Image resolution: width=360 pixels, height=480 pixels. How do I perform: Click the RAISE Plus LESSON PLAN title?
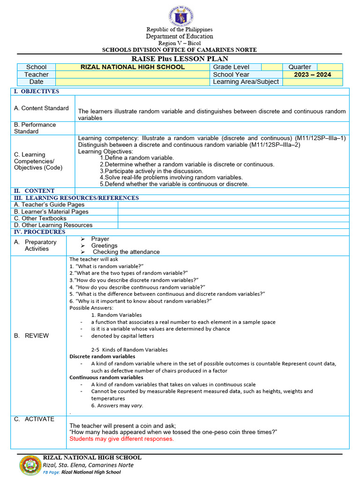point(180,59)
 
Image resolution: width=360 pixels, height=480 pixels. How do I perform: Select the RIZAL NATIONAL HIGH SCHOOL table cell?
point(133,67)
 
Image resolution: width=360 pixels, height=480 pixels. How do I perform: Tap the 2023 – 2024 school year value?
point(312,75)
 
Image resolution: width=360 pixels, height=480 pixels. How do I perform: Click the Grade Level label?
point(231,67)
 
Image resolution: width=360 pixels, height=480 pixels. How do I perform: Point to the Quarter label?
point(300,67)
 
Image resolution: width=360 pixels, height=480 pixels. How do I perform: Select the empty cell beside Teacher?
point(133,75)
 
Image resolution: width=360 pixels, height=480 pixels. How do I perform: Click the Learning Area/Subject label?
point(246,82)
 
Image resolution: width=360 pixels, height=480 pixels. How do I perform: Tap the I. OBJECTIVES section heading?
point(40,91)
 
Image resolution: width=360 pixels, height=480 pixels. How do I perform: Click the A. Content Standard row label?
point(41,108)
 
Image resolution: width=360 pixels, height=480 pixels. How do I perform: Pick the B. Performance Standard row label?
point(35,128)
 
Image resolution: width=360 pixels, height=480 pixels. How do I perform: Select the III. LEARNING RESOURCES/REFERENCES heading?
point(76,198)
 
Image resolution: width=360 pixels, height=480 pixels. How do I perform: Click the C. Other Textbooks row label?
point(40,218)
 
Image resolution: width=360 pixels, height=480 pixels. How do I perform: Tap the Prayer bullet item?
point(100,239)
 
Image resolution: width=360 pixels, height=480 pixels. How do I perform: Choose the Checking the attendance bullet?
point(126,252)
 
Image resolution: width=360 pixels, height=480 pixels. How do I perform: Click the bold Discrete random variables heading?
point(102,356)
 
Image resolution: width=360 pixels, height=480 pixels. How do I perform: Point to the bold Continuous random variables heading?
point(106,377)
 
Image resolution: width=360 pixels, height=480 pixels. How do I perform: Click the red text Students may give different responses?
point(121,439)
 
